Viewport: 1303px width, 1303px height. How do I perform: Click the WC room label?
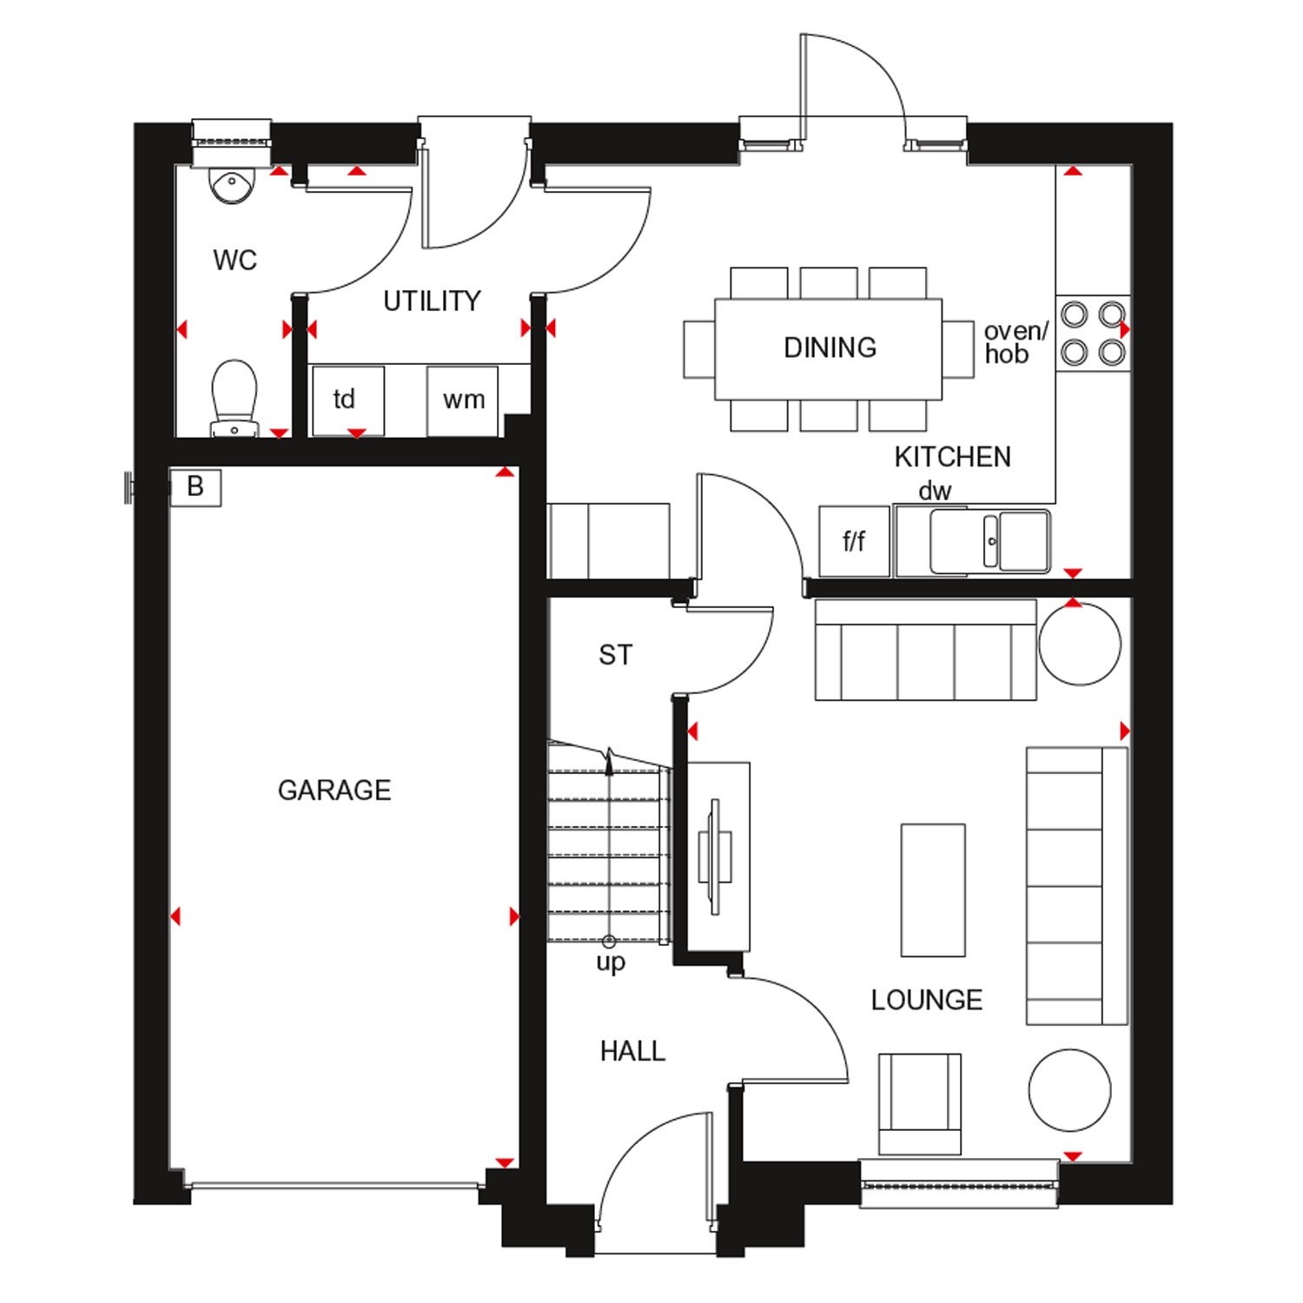click(235, 260)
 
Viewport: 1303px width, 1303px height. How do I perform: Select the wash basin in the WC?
click(232, 185)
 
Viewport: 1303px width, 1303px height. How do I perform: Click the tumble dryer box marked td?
click(347, 400)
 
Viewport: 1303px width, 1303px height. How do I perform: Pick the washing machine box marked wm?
click(462, 400)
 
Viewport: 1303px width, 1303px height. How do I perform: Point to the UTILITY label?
click(432, 301)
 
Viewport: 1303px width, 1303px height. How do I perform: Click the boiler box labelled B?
click(195, 487)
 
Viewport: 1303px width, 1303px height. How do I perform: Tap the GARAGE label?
click(334, 790)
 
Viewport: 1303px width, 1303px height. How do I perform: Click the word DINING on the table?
click(830, 347)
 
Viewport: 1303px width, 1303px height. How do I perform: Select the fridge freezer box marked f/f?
click(855, 541)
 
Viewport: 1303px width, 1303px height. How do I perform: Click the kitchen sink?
click(990, 541)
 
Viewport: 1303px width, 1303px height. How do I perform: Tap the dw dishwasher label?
click(935, 491)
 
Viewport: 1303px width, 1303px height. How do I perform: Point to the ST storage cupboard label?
click(616, 655)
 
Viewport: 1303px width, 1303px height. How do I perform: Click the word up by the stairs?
click(611, 962)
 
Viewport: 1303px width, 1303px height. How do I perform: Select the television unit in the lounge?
click(718, 857)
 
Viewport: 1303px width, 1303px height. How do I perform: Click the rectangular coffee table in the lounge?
click(933, 890)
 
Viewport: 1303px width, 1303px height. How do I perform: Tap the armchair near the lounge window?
click(920, 1104)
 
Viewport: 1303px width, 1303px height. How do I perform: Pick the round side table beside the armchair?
click(1069, 1090)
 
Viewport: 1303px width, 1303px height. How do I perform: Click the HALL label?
click(632, 1052)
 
